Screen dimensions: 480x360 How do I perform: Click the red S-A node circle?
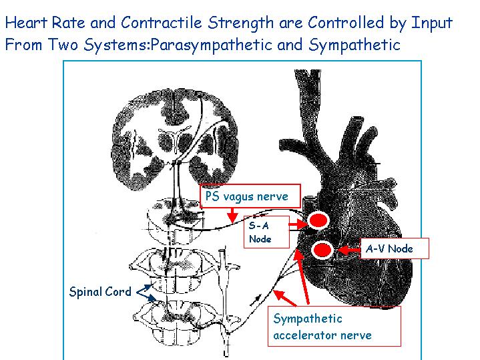point(318,220)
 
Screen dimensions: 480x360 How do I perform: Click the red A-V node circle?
point(322,250)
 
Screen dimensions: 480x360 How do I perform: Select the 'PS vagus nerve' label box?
point(250,196)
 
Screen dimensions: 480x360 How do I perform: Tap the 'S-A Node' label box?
point(266,232)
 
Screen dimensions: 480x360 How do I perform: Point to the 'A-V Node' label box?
point(395,248)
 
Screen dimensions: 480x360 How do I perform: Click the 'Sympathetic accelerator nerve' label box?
point(334,327)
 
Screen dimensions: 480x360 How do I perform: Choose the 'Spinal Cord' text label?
point(100,291)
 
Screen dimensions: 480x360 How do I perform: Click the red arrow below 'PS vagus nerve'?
point(232,215)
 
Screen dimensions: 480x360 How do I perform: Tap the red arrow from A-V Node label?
point(348,250)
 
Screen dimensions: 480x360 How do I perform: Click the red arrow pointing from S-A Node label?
point(298,225)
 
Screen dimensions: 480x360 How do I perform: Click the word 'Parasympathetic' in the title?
point(211,45)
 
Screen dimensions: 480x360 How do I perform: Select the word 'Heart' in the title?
point(27,23)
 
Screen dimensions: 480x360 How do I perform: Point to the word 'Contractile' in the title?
point(162,23)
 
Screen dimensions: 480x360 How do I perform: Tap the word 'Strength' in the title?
point(240,23)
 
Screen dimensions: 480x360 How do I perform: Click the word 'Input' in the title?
point(432,23)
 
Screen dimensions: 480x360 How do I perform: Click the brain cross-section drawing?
point(174,140)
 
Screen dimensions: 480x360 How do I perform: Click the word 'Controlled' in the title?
point(346,23)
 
